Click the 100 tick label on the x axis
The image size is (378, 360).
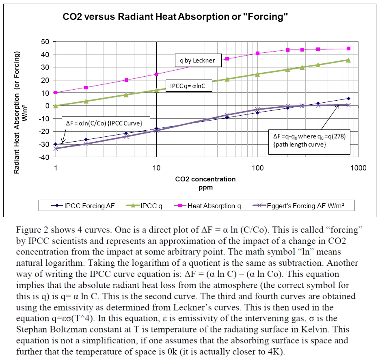tap(257, 168)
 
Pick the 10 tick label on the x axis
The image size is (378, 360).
tap(157, 168)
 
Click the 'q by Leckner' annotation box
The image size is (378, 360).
tap(198, 60)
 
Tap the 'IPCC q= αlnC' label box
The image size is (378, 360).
tap(188, 86)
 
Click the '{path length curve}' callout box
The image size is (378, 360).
tap(309, 141)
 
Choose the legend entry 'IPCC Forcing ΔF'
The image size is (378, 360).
tap(83, 206)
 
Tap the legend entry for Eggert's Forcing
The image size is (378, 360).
tap(299, 206)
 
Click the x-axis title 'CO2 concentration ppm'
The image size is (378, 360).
tap(205, 182)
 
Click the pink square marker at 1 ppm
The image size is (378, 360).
tap(55, 93)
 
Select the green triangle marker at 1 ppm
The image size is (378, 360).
tap(55, 106)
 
